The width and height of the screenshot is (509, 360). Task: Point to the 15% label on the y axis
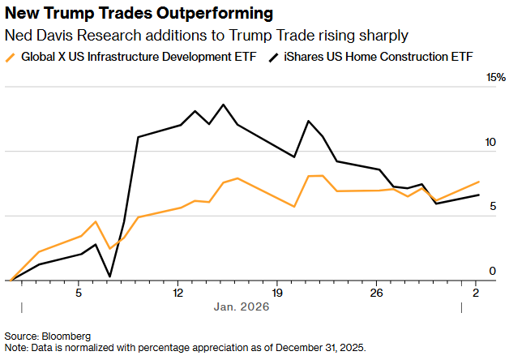pos(495,78)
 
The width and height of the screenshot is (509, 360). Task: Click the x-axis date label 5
pos(79,292)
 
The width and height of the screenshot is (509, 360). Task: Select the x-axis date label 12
pos(178,292)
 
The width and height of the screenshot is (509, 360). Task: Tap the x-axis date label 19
pos(277,292)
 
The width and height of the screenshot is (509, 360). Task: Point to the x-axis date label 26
pos(376,292)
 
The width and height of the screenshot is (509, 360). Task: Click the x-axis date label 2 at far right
pos(476,292)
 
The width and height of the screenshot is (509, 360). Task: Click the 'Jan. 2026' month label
pos(241,307)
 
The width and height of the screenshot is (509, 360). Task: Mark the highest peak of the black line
pos(223,105)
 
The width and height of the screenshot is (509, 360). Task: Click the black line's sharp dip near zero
pos(109,276)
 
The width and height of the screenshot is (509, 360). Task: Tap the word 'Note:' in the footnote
pos(17,347)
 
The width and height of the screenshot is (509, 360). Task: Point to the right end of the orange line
pos(479,182)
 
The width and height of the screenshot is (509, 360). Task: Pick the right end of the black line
pos(479,195)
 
